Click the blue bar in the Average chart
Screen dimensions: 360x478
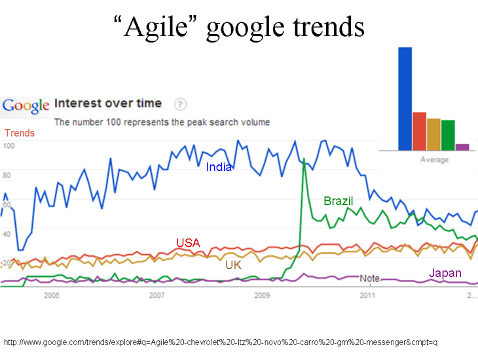pos(405,98)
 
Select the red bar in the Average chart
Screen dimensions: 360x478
pos(419,131)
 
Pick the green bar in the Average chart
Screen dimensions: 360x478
pos(448,135)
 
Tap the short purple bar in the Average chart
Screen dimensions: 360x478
pos(462,147)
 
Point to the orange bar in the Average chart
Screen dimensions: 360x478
pos(433,134)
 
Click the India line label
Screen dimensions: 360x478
pos(219,167)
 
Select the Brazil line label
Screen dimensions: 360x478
pos(339,201)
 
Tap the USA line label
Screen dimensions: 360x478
pos(188,243)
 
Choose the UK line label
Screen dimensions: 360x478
pos(233,265)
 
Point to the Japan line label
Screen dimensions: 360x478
pos(445,273)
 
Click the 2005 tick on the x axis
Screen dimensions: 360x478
pos(51,296)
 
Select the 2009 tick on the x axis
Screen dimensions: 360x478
pos(262,296)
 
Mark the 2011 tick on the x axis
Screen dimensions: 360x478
pos(367,296)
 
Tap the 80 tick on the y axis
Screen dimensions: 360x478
pos(8,175)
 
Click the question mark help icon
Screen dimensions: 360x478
pos(181,104)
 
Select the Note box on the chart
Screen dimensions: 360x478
pos(369,278)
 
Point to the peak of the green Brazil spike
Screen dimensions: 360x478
pos(303,158)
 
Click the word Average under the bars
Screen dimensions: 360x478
pos(434,160)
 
